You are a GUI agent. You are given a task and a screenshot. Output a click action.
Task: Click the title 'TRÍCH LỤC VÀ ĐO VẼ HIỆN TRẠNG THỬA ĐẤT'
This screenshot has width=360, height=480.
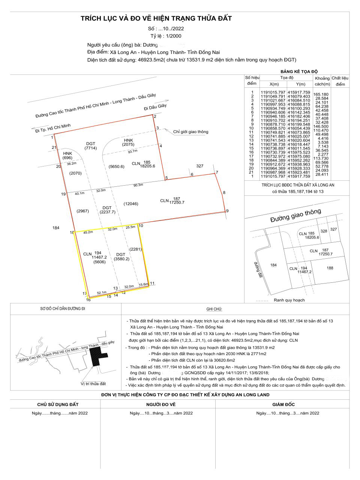pyautogui.click(x=156, y=18)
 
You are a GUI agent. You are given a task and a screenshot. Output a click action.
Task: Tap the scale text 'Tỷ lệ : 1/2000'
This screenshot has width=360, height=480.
pyautogui.click(x=166, y=36)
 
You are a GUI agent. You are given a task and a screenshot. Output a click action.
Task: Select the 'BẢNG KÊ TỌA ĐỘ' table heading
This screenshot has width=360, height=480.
pyautogui.click(x=299, y=71)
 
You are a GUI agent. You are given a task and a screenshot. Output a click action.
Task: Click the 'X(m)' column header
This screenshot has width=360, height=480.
pyautogui.click(x=274, y=84)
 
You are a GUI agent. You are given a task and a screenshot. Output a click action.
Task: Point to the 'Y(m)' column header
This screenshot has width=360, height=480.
pyautogui.click(x=301, y=84)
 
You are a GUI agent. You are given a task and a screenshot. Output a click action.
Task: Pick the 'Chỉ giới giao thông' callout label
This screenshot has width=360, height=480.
pyautogui.click(x=190, y=132)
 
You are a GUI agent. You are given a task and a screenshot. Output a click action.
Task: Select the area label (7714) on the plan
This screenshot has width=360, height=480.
pyautogui.click(x=90, y=148)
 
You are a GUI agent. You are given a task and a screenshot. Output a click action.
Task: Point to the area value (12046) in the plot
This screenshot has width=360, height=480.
pyautogui.click(x=131, y=204)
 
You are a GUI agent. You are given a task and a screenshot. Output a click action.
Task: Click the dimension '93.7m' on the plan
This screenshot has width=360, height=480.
pyautogui.click(x=132, y=151)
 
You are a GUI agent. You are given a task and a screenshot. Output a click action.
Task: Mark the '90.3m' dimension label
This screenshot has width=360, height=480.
pyautogui.click(x=138, y=185)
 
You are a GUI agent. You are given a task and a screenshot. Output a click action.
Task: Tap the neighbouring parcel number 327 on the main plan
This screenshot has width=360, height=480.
pyautogui.click(x=200, y=166)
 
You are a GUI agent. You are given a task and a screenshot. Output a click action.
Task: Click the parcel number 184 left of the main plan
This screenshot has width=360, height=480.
pyautogui.click(x=56, y=228)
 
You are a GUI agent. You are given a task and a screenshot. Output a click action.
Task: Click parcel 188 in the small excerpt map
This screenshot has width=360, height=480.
pyautogui.click(x=330, y=268)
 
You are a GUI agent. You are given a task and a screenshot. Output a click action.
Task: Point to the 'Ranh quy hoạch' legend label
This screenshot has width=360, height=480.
pyautogui.click(x=289, y=300)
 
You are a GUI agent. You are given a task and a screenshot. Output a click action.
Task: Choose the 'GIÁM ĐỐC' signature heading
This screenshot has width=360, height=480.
pyautogui.click(x=283, y=404)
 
